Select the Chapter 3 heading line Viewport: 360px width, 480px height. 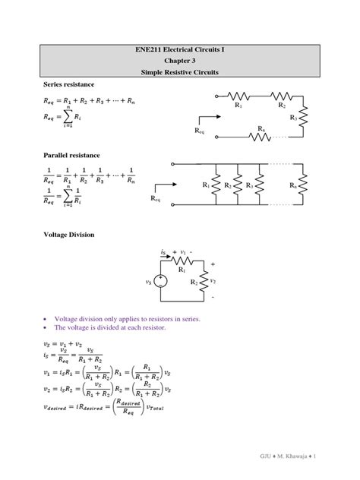coord(179,60)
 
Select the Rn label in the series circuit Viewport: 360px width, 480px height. coord(261,128)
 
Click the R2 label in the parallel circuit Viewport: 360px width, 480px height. coord(227,185)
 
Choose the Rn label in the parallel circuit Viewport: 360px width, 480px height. coord(293,185)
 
